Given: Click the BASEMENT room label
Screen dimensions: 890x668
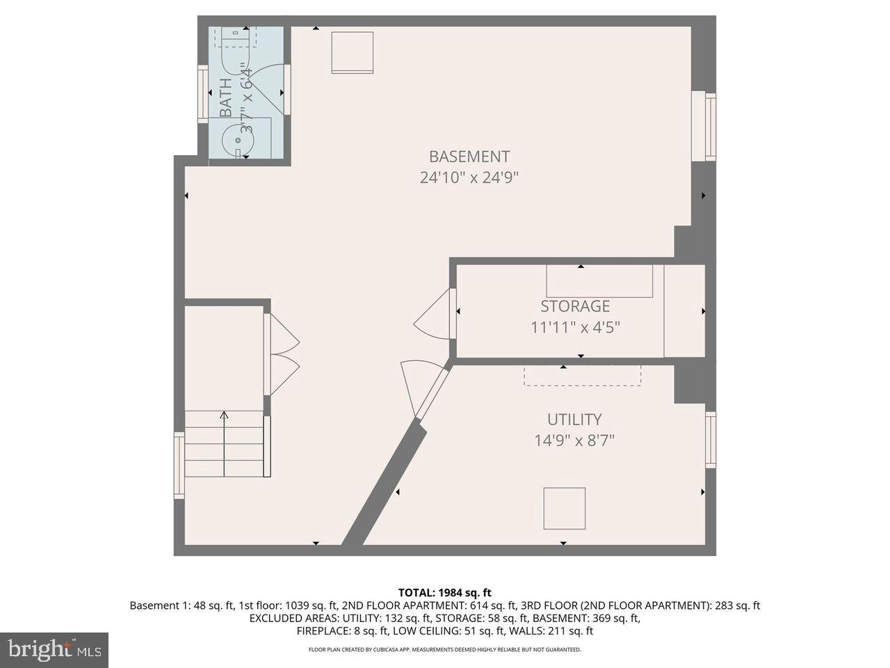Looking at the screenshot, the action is coord(469,157).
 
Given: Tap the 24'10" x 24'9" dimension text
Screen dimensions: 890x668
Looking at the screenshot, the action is coord(469,177).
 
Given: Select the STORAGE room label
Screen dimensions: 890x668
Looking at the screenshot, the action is coord(575,306).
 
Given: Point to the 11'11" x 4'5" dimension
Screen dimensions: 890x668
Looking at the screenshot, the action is coord(575,327).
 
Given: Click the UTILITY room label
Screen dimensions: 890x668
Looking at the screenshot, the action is coord(574,420).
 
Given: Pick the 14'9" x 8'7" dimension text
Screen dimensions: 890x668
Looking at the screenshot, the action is coord(574,440).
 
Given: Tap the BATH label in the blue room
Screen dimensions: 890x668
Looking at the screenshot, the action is coord(226,97).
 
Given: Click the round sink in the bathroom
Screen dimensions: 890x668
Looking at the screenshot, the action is coord(238,141).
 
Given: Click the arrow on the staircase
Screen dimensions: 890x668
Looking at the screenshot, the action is coord(224,444).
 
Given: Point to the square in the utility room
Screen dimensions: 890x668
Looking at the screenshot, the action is coord(564,508).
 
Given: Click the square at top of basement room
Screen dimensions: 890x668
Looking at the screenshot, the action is coord(352,53).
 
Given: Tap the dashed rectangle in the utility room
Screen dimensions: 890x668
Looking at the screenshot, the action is coord(582,375).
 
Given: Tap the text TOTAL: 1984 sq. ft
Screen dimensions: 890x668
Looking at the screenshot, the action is coord(444,593).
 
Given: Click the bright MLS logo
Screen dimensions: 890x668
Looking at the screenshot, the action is coord(54,650).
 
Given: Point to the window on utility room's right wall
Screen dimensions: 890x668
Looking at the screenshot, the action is coord(710,440).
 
